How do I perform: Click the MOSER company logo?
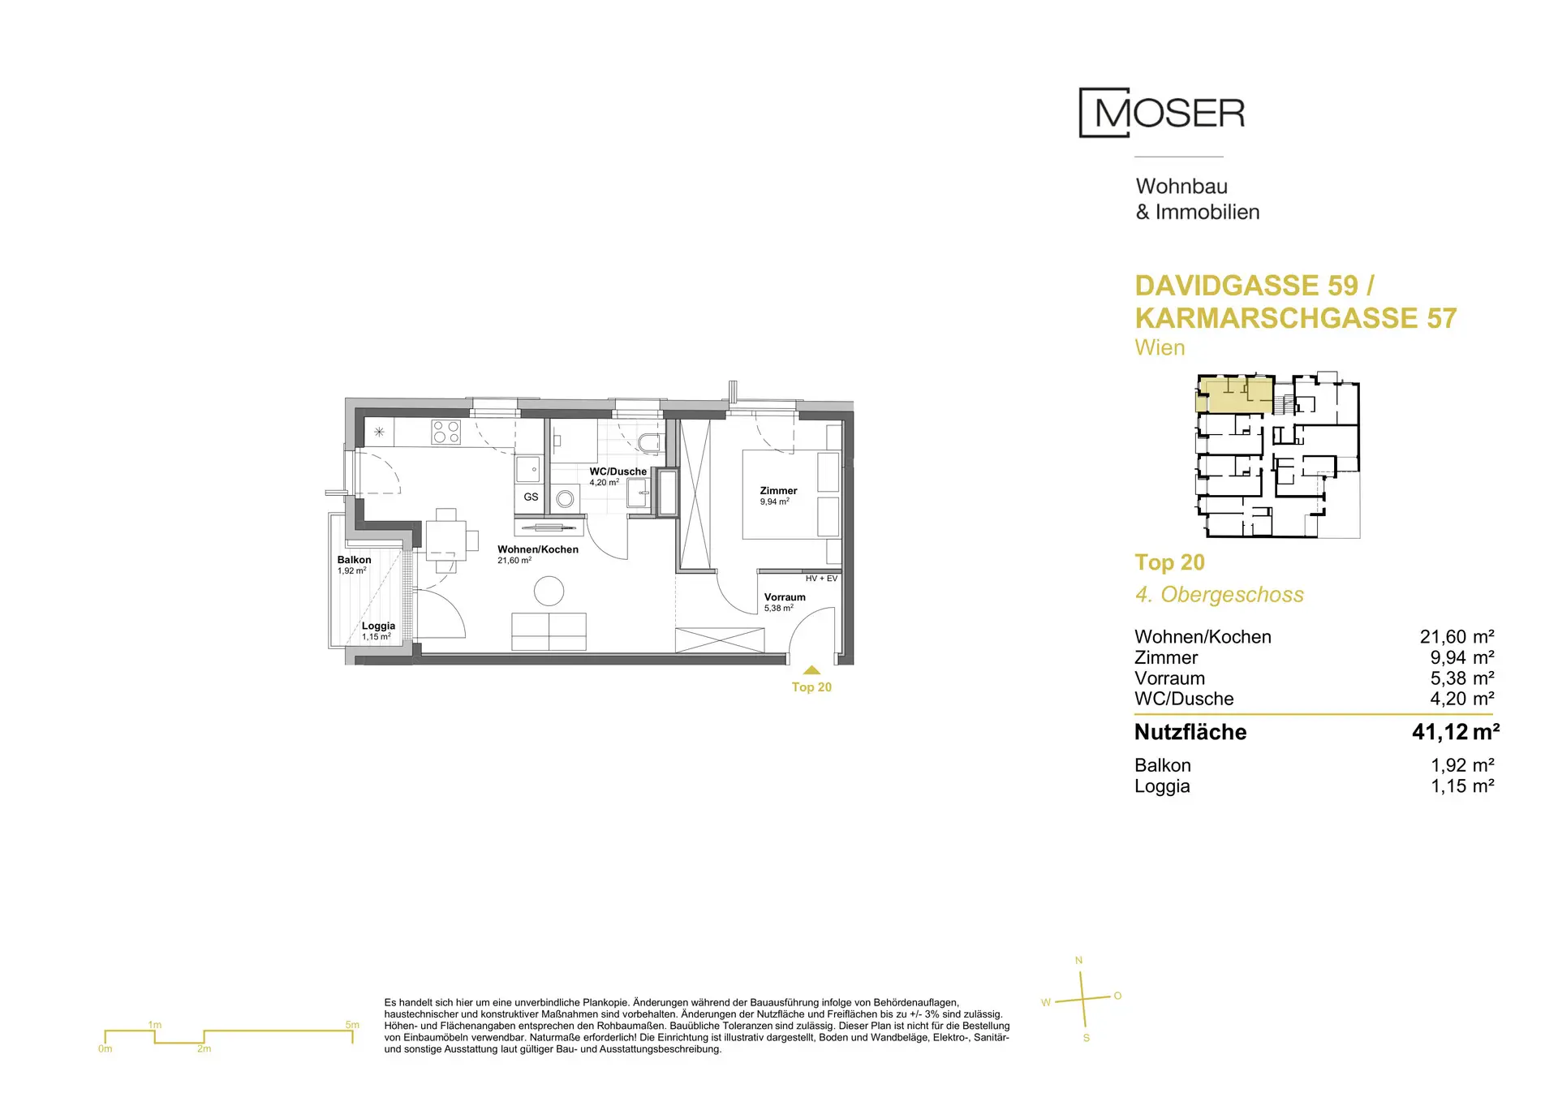pos(1161,113)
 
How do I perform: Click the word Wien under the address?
pos(1160,347)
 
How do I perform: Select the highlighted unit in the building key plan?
pos(1234,395)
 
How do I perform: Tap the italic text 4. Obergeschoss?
pos(1219,595)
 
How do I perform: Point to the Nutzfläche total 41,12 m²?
pos(1455,732)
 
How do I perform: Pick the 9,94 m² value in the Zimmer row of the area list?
pos(1461,657)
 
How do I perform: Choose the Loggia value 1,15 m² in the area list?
pos(1462,786)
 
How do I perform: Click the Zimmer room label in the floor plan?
pos(778,491)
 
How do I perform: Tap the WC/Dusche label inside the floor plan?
pos(618,471)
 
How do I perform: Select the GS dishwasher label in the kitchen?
pos(531,497)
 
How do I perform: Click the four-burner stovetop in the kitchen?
pos(446,432)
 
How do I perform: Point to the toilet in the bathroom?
pos(650,443)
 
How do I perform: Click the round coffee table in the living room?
pos(549,591)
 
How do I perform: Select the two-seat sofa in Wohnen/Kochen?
pos(549,631)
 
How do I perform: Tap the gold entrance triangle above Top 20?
pos(811,670)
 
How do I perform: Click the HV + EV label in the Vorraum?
pos(821,579)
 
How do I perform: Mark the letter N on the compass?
pos(1078,961)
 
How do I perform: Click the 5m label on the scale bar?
pos(352,1025)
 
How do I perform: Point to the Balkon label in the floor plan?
pos(354,560)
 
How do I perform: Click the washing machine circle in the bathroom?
pos(566,499)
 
